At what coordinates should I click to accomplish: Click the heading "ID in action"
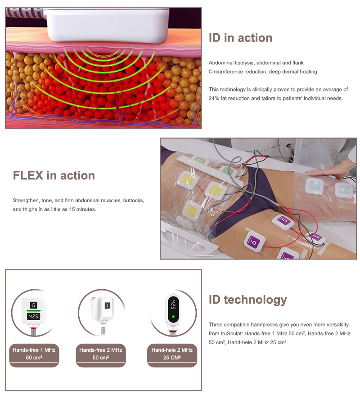coord(240,38)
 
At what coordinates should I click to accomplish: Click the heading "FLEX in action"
coord(54,176)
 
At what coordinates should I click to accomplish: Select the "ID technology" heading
coord(248,300)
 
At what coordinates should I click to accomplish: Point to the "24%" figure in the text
coord(214,98)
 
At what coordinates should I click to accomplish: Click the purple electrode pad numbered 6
coord(254,241)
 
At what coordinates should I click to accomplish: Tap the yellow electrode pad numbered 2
coord(193,210)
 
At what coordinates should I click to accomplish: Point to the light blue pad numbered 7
coord(315,186)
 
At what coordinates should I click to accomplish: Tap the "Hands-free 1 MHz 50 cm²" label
coord(34,354)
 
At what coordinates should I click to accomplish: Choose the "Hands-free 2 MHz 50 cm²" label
coord(101,354)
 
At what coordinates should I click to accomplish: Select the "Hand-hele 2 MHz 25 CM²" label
coord(172,354)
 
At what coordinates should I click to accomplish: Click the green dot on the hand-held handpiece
coord(173,316)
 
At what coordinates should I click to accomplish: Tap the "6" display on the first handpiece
coord(34,305)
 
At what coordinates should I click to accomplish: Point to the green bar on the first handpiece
coord(34,311)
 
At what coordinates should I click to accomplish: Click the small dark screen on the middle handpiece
coord(107,305)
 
